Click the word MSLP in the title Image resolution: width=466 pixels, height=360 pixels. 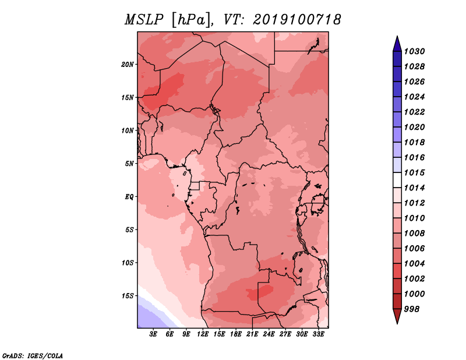pos(144,20)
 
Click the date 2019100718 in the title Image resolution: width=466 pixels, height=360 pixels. pos(296,20)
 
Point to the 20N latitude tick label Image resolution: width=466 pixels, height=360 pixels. pos(128,65)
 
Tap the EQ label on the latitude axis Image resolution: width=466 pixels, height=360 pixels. pos(129,197)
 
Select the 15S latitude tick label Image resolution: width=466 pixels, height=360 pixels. pos(128,296)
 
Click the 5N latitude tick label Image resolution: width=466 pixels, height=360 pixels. pos(129,164)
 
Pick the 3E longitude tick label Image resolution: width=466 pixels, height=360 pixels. pos(153,334)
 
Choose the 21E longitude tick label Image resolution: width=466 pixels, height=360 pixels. pos(252,334)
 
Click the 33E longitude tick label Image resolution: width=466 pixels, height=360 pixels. pos(318,334)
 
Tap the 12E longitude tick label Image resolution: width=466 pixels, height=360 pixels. pos(203,334)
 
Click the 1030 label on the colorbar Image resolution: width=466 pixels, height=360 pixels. pos(415,51)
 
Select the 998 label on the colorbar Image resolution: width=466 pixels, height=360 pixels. pos(412,309)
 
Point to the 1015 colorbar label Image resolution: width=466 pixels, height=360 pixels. pos(415,172)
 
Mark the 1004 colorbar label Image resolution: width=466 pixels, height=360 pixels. pos(415,264)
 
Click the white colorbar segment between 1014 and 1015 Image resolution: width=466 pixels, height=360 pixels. pos(397,180)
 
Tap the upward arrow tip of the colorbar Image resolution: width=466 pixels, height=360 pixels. pos(397,36)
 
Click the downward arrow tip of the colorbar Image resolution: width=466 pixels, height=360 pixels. pos(397,324)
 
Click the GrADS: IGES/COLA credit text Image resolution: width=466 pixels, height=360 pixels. pos(33,356)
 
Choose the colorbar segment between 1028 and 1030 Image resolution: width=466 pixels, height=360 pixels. pos(397,59)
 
